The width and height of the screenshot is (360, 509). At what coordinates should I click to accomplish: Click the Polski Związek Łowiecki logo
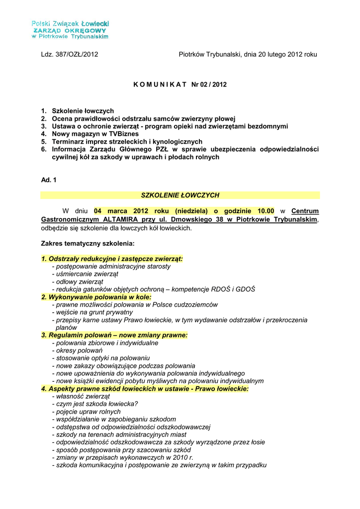[x=70, y=30]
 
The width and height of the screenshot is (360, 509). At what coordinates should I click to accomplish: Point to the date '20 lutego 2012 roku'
[x=287, y=55]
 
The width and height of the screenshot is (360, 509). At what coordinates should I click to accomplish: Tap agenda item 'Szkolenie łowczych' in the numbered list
[x=83, y=111]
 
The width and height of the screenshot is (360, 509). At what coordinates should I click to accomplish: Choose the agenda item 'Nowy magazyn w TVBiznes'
[x=93, y=134]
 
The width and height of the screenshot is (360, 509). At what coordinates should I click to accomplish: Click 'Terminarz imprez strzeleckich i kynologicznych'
[x=127, y=142]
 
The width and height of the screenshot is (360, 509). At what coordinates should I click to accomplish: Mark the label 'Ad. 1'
[x=49, y=180]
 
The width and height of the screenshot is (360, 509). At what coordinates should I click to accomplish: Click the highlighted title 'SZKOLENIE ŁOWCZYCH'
[x=180, y=195]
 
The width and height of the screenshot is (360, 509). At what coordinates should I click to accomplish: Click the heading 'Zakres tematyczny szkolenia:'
[x=88, y=244]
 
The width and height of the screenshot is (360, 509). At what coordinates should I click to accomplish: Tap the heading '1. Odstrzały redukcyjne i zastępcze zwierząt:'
[x=112, y=259]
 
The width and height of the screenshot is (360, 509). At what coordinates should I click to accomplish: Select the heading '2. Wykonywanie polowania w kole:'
[x=96, y=297]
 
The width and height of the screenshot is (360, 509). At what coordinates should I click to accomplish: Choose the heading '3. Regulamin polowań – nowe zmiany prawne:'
[x=114, y=336]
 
